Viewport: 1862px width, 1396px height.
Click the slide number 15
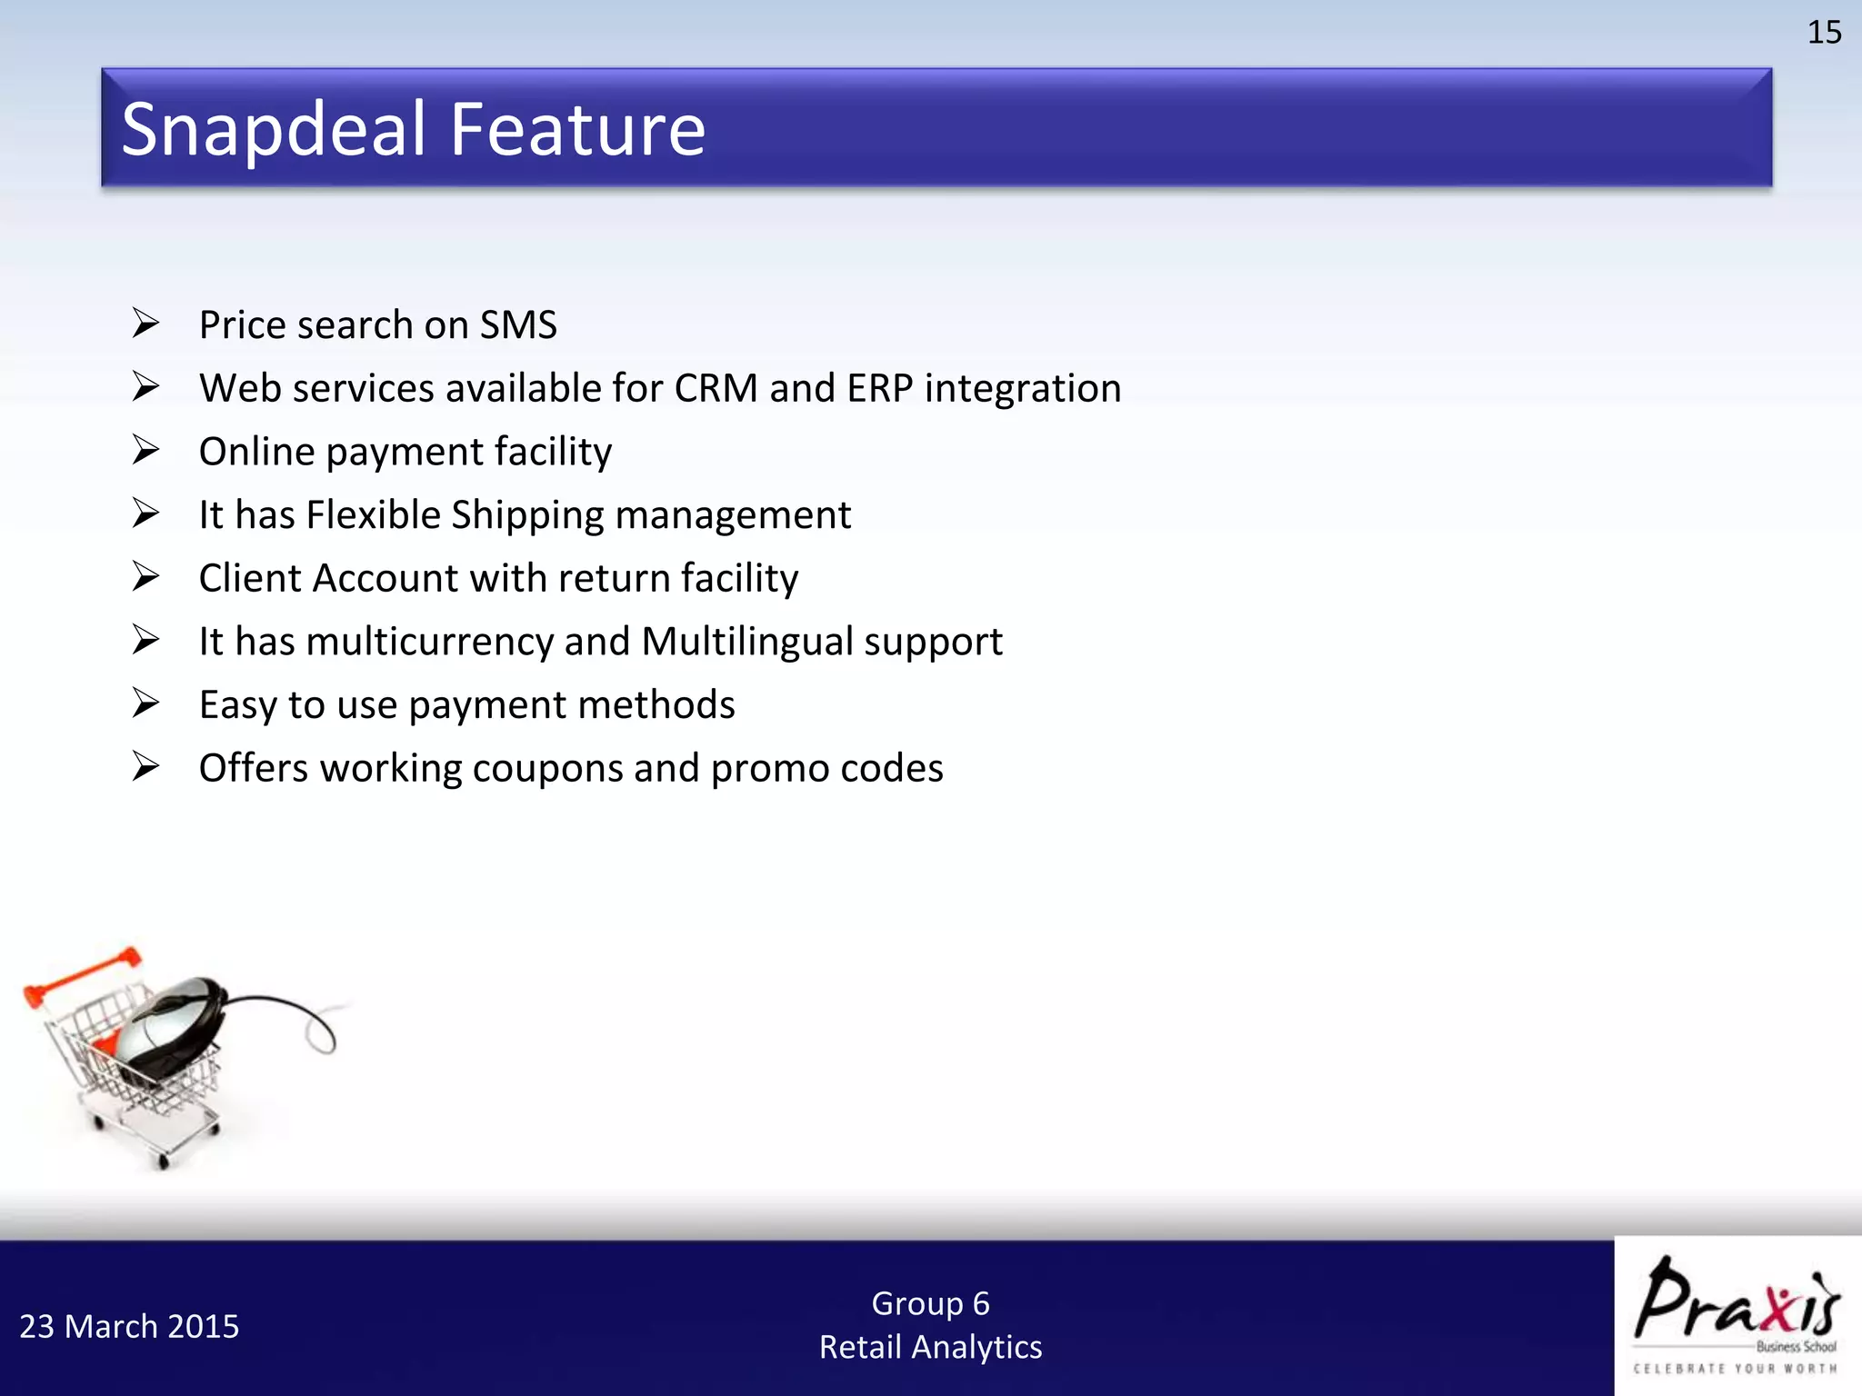1823,33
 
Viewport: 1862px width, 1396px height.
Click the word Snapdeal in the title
274,130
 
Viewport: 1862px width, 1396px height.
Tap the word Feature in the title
577,130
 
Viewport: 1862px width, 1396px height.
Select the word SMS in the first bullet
518,325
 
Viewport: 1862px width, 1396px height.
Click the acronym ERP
879,389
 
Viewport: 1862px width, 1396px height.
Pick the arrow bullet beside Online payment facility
145,450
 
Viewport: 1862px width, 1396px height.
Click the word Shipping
527,515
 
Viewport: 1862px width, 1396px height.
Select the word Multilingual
746,642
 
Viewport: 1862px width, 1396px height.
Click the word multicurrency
429,642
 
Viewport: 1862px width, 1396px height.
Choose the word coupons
548,769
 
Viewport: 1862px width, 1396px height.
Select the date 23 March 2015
129,1327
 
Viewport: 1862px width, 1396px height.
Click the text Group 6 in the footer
930,1303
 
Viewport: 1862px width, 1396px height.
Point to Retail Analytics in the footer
930,1347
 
